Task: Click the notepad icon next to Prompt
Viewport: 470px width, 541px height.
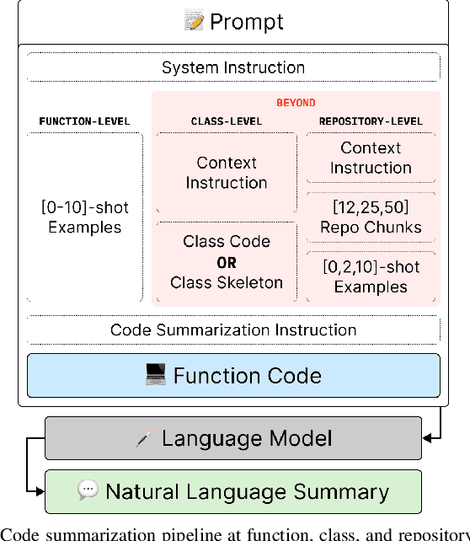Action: (194, 22)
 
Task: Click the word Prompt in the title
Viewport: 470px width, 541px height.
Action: (246, 22)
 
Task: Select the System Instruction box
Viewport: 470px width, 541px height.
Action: (233, 67)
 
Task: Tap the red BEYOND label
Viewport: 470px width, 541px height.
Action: (296, 103)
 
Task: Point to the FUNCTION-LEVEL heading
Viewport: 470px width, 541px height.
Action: (84, 121)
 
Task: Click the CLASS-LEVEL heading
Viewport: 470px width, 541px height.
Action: (226, 121)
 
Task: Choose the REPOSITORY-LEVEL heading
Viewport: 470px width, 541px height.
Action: (371, 121)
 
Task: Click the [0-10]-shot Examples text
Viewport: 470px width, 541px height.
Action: (84, 217)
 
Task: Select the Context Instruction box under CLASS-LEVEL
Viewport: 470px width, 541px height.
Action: (226, 173)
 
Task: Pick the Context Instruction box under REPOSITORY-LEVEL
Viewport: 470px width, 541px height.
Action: (371, 158)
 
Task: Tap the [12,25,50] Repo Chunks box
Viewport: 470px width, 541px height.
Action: (371, 217)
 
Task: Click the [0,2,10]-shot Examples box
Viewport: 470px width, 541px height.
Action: (371, 276)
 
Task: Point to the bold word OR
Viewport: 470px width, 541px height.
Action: (226, 263)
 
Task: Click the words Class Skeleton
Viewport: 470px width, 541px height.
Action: (226, 282)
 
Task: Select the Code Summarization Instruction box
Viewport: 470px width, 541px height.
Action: (233, 329)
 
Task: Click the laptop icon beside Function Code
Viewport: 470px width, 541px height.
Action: (156, 375)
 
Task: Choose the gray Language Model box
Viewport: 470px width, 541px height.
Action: (233, 438)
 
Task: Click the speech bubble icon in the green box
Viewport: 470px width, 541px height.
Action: (88, 491)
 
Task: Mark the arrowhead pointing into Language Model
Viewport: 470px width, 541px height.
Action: (428, 438)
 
